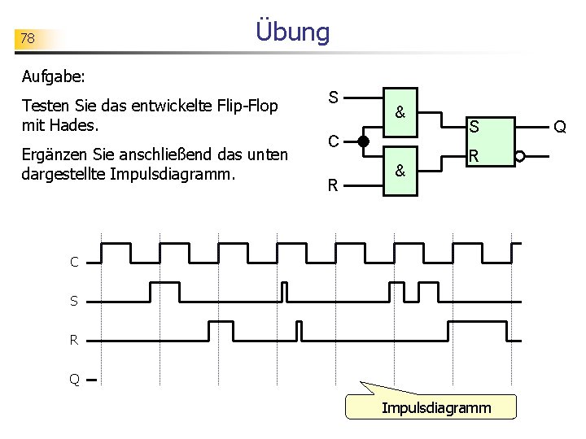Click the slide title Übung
click(x=292, y=33)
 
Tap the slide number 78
click(x=28, y=38)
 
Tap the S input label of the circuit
click(x=333, y=98)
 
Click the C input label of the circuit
click(x=334, y=141)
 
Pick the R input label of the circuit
click(x=333, y=185)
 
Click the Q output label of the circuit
click(x=559, y=126)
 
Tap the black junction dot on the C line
click(x=363, y=141)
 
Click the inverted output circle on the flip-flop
click(x=520, y=157)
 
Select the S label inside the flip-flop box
click(x=473, y=127)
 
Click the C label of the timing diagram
click(x=74, y=262)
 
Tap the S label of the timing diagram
click(x=74, y=301)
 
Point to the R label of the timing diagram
click(x=74, y=340)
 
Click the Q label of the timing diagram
click(x=74, y=379)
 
